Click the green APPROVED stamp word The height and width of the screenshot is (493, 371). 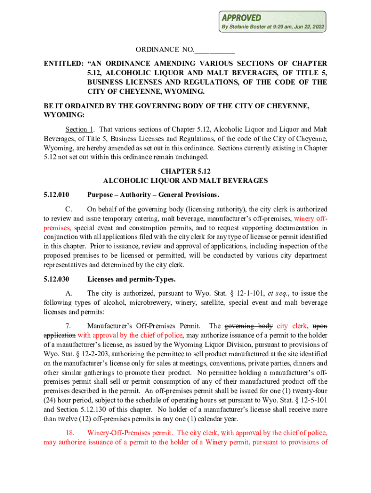(241, 18)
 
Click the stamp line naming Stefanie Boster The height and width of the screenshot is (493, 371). (272, 27)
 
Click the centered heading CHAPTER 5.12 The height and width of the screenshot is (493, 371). (185, 171)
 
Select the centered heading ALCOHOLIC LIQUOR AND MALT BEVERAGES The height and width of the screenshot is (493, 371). (185, 181)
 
